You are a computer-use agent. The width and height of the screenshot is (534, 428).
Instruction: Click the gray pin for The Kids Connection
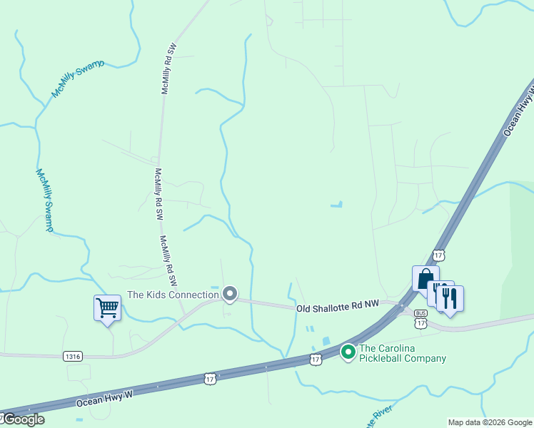coord(230,294)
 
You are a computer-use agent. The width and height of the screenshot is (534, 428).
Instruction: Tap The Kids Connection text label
coord(173,295)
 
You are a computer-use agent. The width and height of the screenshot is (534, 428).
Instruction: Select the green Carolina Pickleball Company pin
coord(348,352)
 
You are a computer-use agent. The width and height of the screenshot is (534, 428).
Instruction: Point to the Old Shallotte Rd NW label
coord(337,307)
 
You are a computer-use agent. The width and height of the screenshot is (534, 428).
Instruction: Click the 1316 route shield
coord(72,355)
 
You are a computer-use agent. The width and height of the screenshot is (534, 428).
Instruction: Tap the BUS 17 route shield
coord(421,318)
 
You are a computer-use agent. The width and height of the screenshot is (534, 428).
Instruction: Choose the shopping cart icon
coord(107,308)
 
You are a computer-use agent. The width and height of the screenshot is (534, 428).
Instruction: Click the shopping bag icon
coord(425,278)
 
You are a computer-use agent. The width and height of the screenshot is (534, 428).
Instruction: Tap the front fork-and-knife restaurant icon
coord(450,297)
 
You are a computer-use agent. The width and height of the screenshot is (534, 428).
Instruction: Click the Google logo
coord(23,419)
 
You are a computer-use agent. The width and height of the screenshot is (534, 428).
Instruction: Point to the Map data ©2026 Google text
coord(490,422)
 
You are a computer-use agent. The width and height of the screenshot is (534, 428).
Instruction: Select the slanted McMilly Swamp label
coord(78,78)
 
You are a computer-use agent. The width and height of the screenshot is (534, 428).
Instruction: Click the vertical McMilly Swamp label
coord(44,200)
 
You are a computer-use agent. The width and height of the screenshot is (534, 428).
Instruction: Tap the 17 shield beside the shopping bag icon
coord(438,255)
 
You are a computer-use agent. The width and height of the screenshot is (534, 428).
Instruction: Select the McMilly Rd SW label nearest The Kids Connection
coord(168,257)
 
